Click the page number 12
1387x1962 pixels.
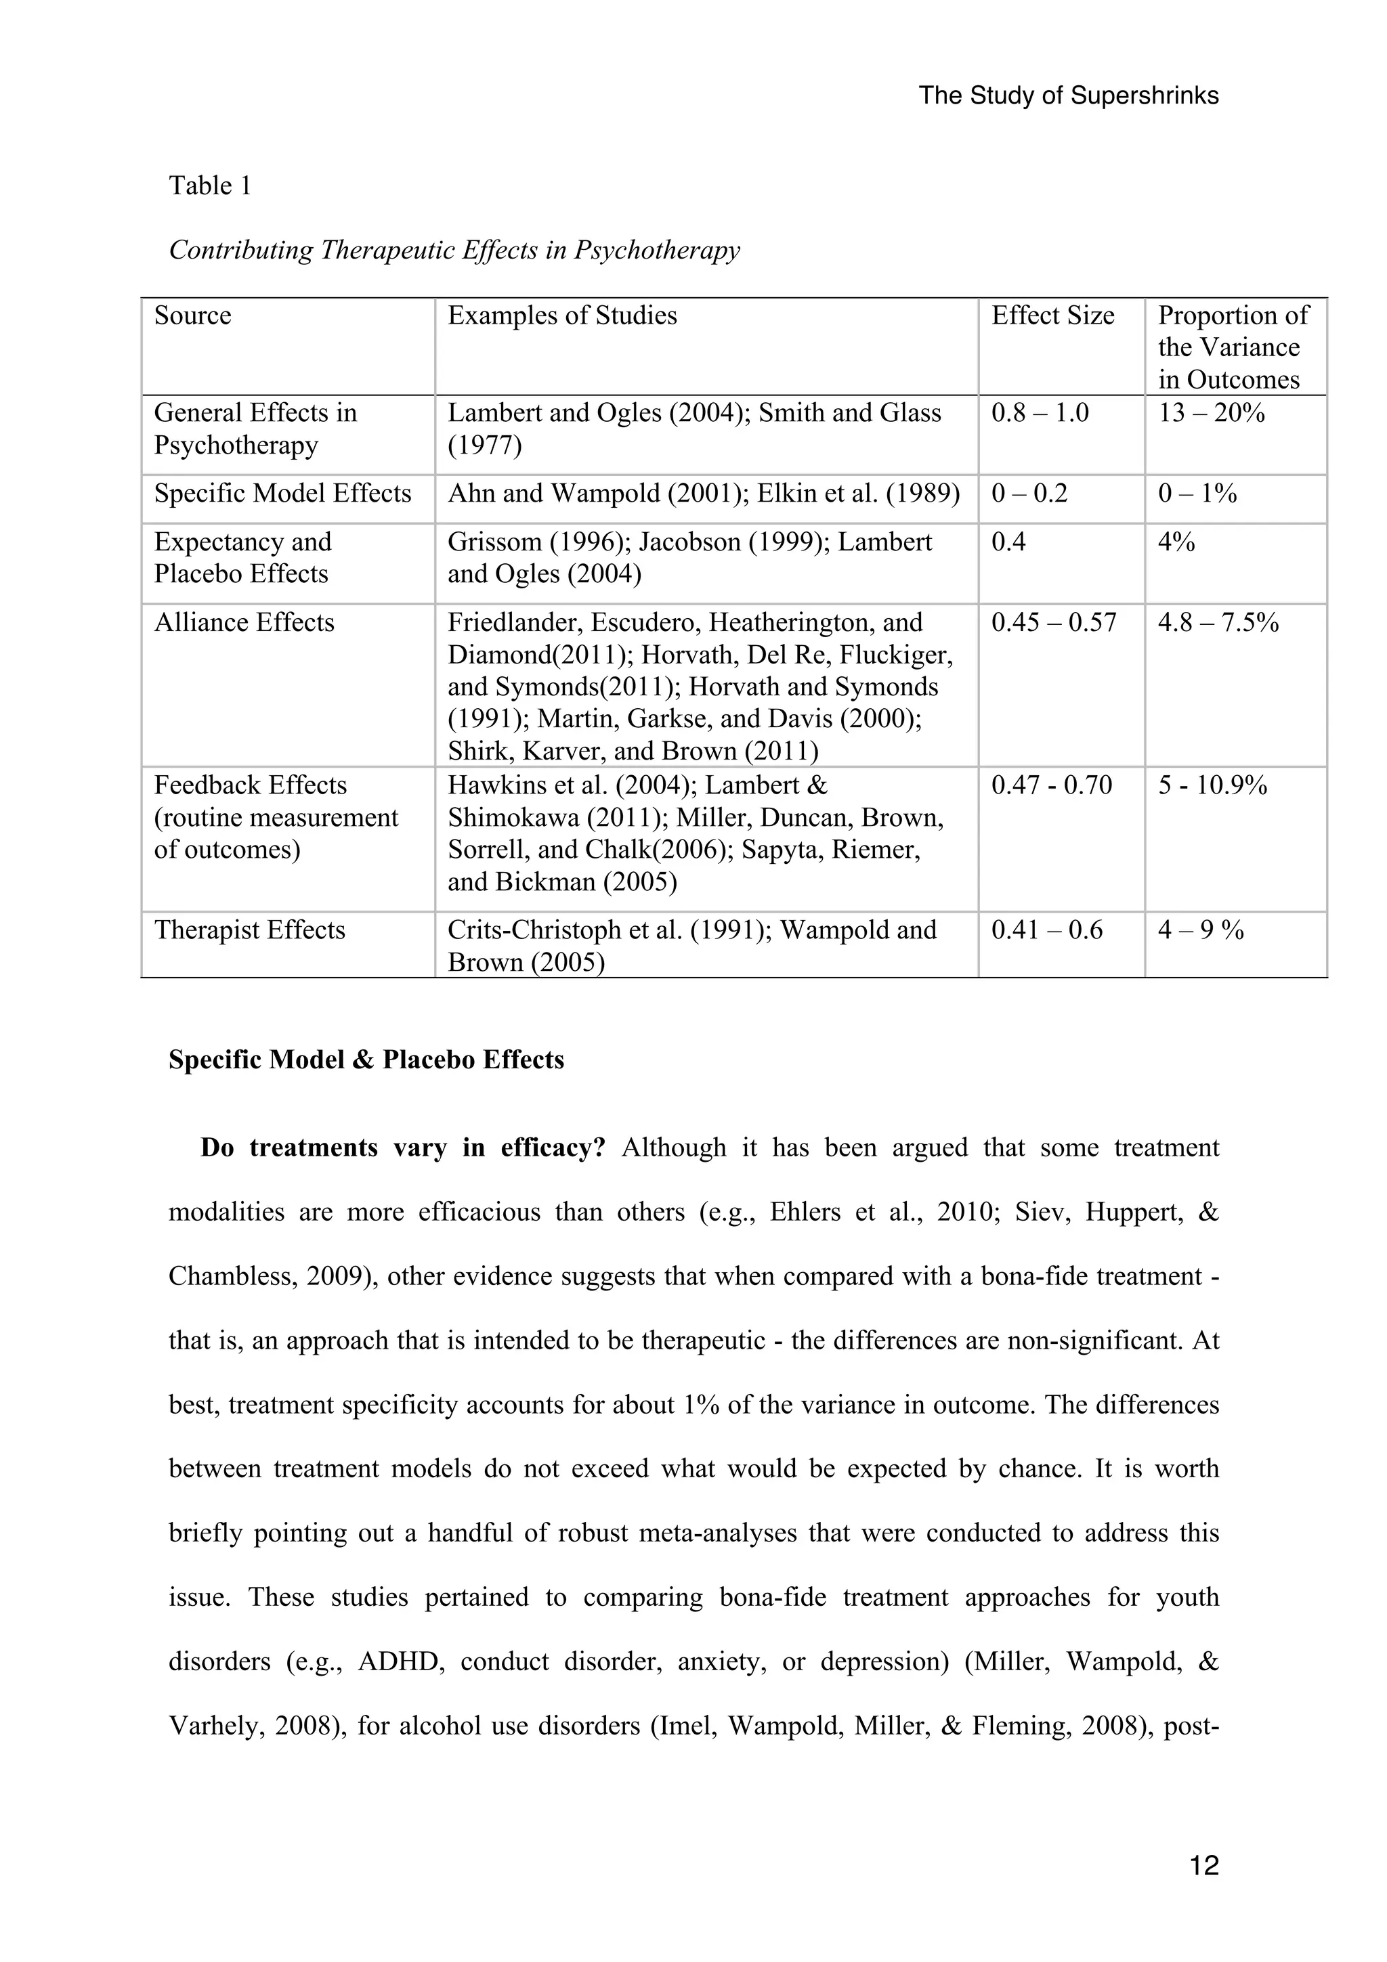point(1203,1865)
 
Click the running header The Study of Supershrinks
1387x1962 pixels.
point(1068,95)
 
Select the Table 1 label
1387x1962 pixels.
point(210,186)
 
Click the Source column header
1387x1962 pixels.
point(192,316)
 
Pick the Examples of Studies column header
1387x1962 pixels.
point(561,316)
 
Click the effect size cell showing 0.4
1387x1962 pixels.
point(1008,542)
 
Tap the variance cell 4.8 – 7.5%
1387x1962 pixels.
point(1218,623)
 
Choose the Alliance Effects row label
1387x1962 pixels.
point(244,623)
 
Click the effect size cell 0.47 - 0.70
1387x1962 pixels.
point(1051,785)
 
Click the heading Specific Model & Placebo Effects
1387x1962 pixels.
point(366,1060)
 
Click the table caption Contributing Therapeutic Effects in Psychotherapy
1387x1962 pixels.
point(454,250)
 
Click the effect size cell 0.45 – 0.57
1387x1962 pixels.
point(1053,623)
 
